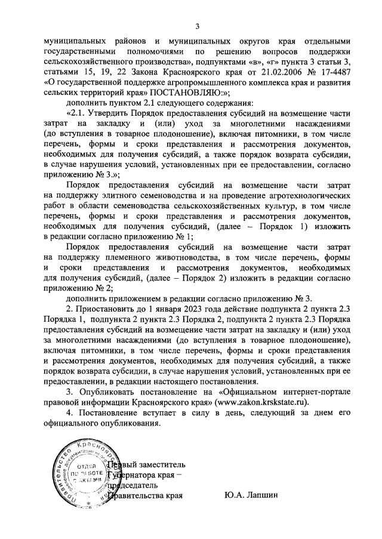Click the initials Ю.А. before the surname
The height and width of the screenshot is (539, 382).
pyautogui.click(x=233, y=494)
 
